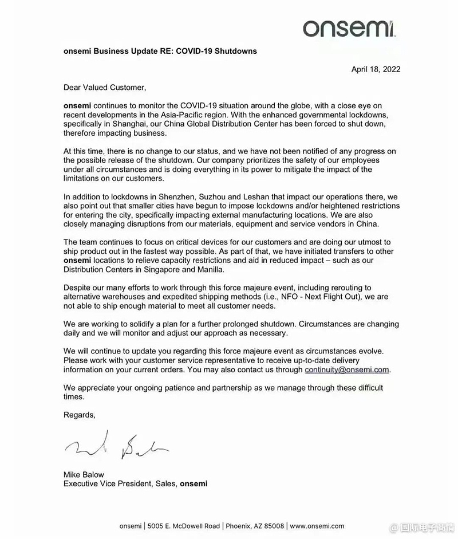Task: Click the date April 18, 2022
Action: coord(376,69)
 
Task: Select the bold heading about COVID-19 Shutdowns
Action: coord(160,51)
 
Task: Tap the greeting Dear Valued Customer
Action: coord(105,88)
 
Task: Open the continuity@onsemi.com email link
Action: coord(347,369)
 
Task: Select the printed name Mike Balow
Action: coord(84,475)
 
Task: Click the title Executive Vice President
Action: coord(107,484)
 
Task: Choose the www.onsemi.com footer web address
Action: coord(317,526)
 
